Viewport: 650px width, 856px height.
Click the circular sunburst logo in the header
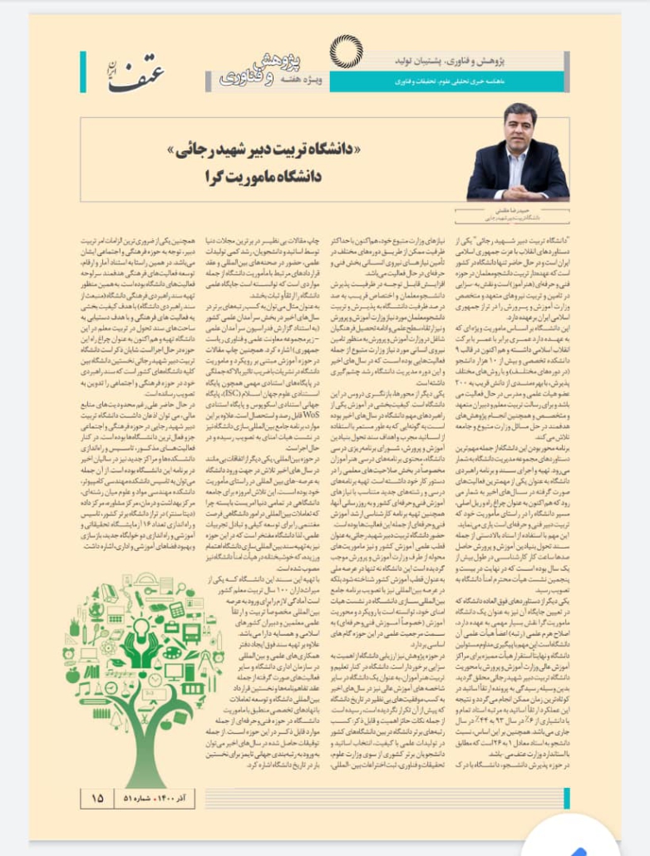point(346,52)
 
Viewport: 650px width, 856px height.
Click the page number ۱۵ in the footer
point(98,797)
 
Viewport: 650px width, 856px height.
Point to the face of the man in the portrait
point(518,134)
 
